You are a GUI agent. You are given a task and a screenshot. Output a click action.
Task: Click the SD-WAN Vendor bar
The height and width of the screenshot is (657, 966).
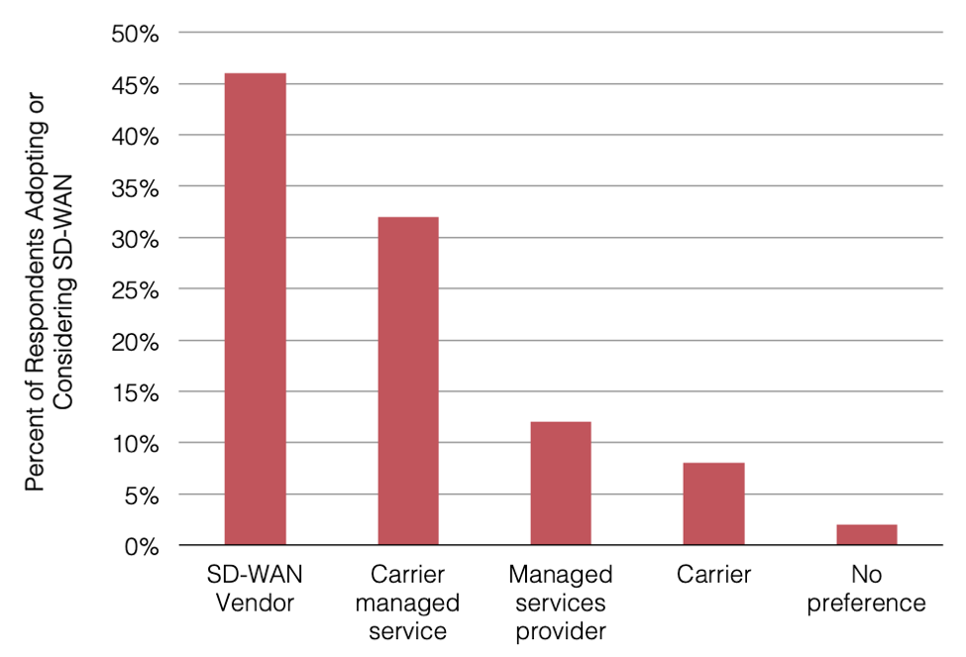click(x=255, y=309)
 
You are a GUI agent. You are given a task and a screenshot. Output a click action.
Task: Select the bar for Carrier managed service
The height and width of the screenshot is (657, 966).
click(x=407, y=382)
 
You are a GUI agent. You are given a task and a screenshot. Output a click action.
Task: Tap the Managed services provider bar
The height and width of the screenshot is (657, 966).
click(x=561, y=484)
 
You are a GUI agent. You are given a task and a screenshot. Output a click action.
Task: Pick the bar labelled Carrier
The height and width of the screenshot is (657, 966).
click(x=713, y=504)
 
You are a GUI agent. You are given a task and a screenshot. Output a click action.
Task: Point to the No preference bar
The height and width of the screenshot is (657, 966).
click(x=866, y=535)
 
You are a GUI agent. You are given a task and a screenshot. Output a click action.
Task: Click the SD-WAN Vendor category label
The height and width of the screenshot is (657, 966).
click(x=255, y=589)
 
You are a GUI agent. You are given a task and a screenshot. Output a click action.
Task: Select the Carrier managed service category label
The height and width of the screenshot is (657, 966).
click(x=407, y=602)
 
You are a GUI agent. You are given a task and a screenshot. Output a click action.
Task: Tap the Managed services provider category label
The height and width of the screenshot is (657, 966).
click(x=561, y=602)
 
